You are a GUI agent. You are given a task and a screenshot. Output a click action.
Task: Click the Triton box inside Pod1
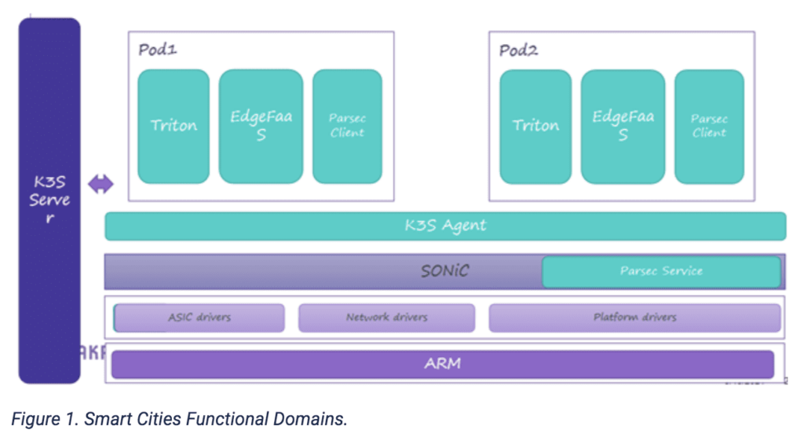point(174,126)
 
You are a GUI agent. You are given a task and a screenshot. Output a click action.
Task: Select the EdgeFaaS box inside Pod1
point(261,126)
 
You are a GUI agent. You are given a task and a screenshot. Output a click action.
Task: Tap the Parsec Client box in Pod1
point(347,126)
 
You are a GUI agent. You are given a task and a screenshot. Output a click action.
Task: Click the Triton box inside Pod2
point(535,126)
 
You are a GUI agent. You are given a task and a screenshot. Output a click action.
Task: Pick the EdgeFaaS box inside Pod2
point(623,126)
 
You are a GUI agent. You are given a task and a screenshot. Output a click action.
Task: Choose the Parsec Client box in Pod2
point(709,126)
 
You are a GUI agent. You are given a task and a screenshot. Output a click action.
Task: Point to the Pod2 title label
point(519,50)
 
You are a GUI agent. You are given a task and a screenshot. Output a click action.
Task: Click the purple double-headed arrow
point(100,185)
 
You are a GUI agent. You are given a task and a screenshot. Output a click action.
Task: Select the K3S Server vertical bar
point(49,200)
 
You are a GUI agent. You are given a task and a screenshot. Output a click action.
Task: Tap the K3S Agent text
point(445,226)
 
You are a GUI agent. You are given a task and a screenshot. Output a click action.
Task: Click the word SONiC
point(444,271)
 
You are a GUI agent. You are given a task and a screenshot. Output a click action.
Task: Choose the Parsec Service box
point(660,271)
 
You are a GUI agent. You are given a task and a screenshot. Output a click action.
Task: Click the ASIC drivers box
point(199,318)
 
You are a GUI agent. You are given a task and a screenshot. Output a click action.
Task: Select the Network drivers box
point(386,318)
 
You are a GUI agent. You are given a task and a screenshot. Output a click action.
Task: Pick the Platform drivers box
point(634,318)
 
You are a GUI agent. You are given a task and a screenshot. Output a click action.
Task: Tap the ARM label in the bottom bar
point(443,364)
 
